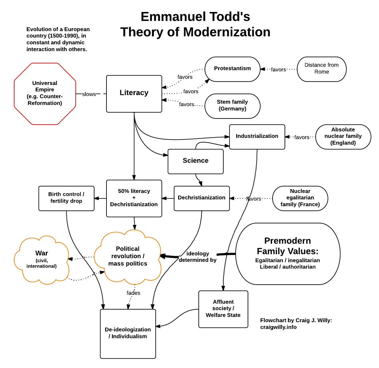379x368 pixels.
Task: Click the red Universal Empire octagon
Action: (x=45, y=94)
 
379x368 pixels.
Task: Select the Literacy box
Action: (x=134, y=94)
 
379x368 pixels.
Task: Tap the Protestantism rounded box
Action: (x=232, y=69)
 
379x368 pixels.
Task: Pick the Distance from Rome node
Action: (x=322, y=69)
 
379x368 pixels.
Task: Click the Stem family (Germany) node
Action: (x=232, y=106)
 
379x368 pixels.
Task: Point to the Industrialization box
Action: (x=257, y=136)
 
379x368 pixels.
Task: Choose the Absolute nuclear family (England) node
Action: (x=343, y=136)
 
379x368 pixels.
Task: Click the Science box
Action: (x=196, y=161)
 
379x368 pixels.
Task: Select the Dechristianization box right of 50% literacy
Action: (x=202, y=198)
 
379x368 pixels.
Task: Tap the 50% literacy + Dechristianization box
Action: (x=134, y=198)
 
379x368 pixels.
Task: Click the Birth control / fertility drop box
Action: (x=66, y=198)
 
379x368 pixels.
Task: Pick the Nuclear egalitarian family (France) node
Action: (x=300, y=198)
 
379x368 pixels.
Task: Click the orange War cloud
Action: (x=42, y=260)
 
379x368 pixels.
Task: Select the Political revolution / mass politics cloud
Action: (x=128, y=256)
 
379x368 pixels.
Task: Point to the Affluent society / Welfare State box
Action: (x=223, y=309)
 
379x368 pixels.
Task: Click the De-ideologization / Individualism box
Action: (x=128, y=333)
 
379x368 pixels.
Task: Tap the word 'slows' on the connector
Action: (x=89, y=94)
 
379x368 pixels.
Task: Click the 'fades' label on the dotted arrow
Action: (x=133, y=293)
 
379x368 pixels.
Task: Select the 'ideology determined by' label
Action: (x=198, y=257)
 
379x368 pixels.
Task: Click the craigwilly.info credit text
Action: (x=278, y=327)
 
